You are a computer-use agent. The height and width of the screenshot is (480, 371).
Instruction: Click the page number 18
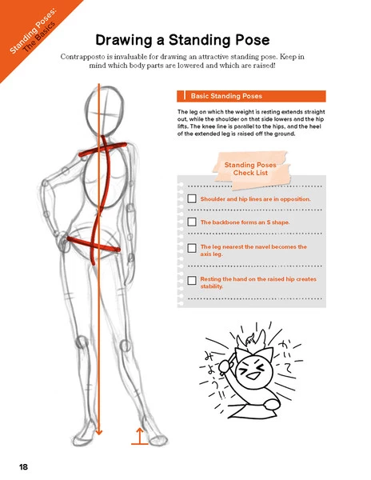point(25,465)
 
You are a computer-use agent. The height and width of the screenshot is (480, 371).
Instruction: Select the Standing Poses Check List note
point(249,169)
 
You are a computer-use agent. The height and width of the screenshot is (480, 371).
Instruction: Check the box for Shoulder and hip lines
point(191,198)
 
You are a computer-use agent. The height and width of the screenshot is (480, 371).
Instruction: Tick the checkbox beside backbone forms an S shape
point(191,222)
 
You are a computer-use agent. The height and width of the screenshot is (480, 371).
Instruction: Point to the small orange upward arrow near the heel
point(139,434)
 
